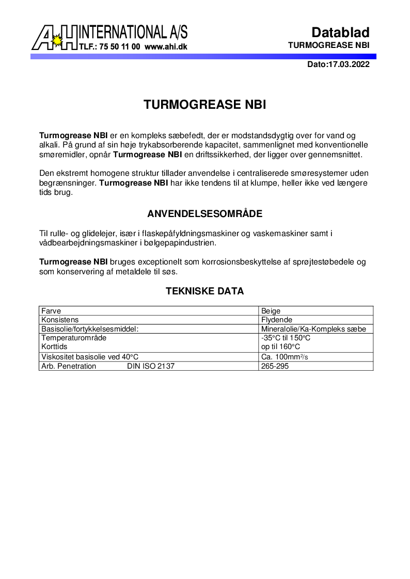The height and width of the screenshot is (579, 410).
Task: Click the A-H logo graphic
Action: coord(54,37)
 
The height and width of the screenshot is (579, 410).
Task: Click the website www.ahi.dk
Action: coord(166,46)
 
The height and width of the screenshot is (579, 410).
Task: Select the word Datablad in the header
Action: coord(340,32)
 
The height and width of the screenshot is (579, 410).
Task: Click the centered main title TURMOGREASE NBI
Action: coord(205,105)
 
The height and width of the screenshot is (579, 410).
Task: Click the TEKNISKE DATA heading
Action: coord(205,291)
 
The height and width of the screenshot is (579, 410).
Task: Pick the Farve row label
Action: coord(51,310)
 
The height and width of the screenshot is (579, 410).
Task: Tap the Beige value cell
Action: coord(271,310)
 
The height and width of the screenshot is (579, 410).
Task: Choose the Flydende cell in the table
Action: coord(277,320)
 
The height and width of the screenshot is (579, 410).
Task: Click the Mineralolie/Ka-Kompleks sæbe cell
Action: coord(313,329)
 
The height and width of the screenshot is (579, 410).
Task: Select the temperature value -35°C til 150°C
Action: coord(286,338)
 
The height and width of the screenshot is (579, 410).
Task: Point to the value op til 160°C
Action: coord(280,347)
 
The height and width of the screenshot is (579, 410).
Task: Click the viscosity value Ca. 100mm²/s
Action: coord(285,357)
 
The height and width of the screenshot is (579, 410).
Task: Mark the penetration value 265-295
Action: coord(275,366)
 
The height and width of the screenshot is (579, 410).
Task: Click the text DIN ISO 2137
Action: coord(151,366)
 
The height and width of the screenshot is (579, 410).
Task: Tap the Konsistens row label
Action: coord(59,320)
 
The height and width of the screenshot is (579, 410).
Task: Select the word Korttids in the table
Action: coord(54,347)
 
